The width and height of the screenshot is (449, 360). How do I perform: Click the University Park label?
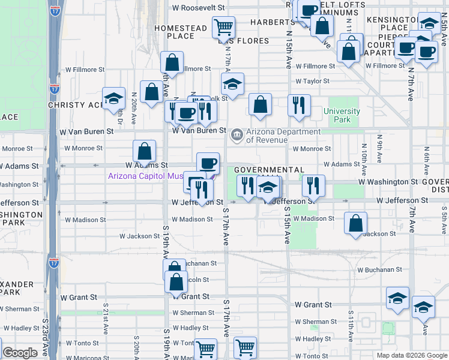coord(342,115)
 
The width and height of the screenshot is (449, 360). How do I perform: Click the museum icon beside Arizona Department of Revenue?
coord(237,134)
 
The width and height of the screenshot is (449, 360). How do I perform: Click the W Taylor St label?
coord(312,81)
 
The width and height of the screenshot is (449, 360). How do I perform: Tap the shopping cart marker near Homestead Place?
coord(223,28)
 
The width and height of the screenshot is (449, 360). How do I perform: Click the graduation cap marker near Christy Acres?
coord(112,99)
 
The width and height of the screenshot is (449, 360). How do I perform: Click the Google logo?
coord(20,353)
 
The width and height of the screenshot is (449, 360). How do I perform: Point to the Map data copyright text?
coord(412,355)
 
